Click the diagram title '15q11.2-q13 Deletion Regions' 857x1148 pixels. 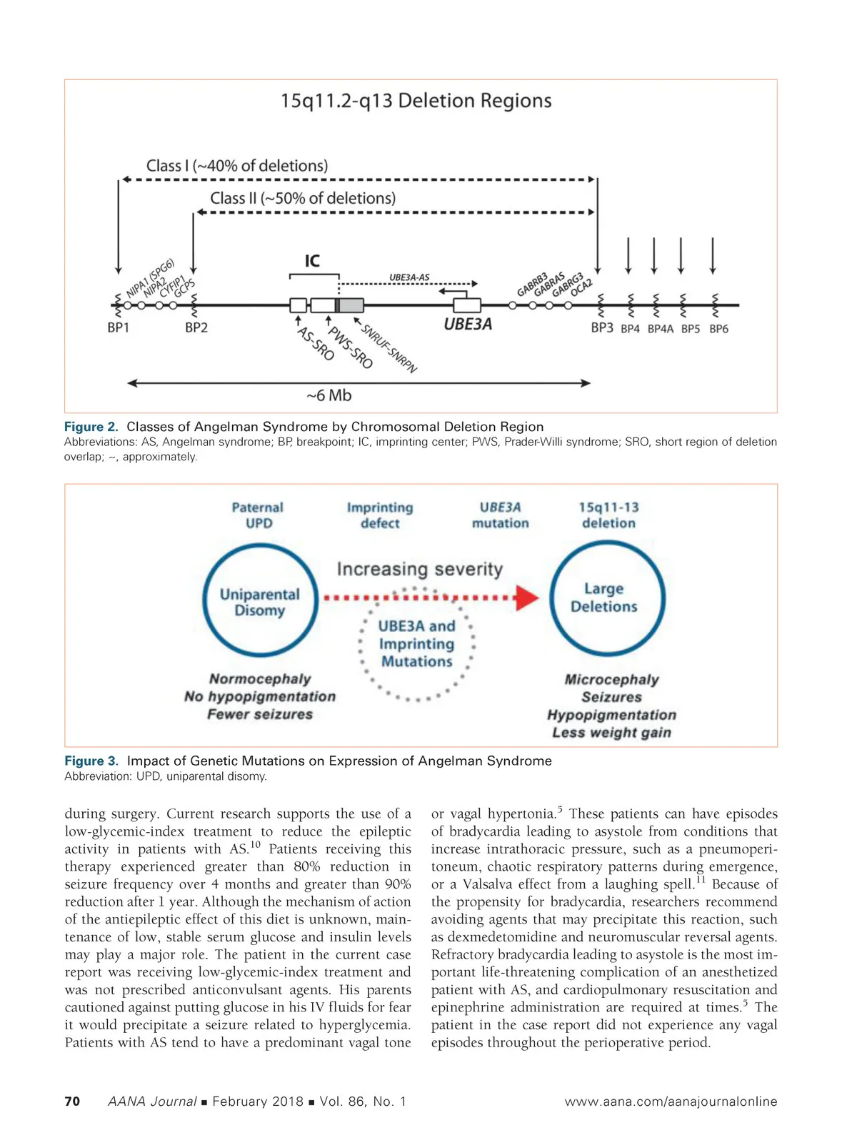(x=416, y=101)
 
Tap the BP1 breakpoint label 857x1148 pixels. (x=119, y=328)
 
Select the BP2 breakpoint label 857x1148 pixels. (x=196, y=328)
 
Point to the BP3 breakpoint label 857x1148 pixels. (x=602, y=328)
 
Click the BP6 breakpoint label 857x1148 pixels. (x=718, y=329)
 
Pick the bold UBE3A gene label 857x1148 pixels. (x=468, y=325)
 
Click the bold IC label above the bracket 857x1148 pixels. (x=312, y=261)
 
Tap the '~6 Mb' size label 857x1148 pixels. (x=329, y=396)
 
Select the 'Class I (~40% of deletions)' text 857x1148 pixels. (x=237, y=166)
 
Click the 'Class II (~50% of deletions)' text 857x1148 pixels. (x=303, y=198)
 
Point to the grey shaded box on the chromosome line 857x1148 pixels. (x=351, y=306)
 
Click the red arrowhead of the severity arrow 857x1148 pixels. (x=527, y=598)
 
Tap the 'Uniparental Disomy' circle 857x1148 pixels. (x=260, y=601)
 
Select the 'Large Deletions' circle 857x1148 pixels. (x=607, y=598)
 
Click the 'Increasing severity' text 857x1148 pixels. (x=420, y=569)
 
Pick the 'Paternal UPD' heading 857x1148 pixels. (x=258, y=515)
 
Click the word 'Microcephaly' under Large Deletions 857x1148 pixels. (x=611, y=679)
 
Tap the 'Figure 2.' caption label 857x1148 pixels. (x=91, y=427)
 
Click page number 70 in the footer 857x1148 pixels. (x=72, y=1102)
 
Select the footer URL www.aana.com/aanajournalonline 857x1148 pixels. (x=671, y=1102)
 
